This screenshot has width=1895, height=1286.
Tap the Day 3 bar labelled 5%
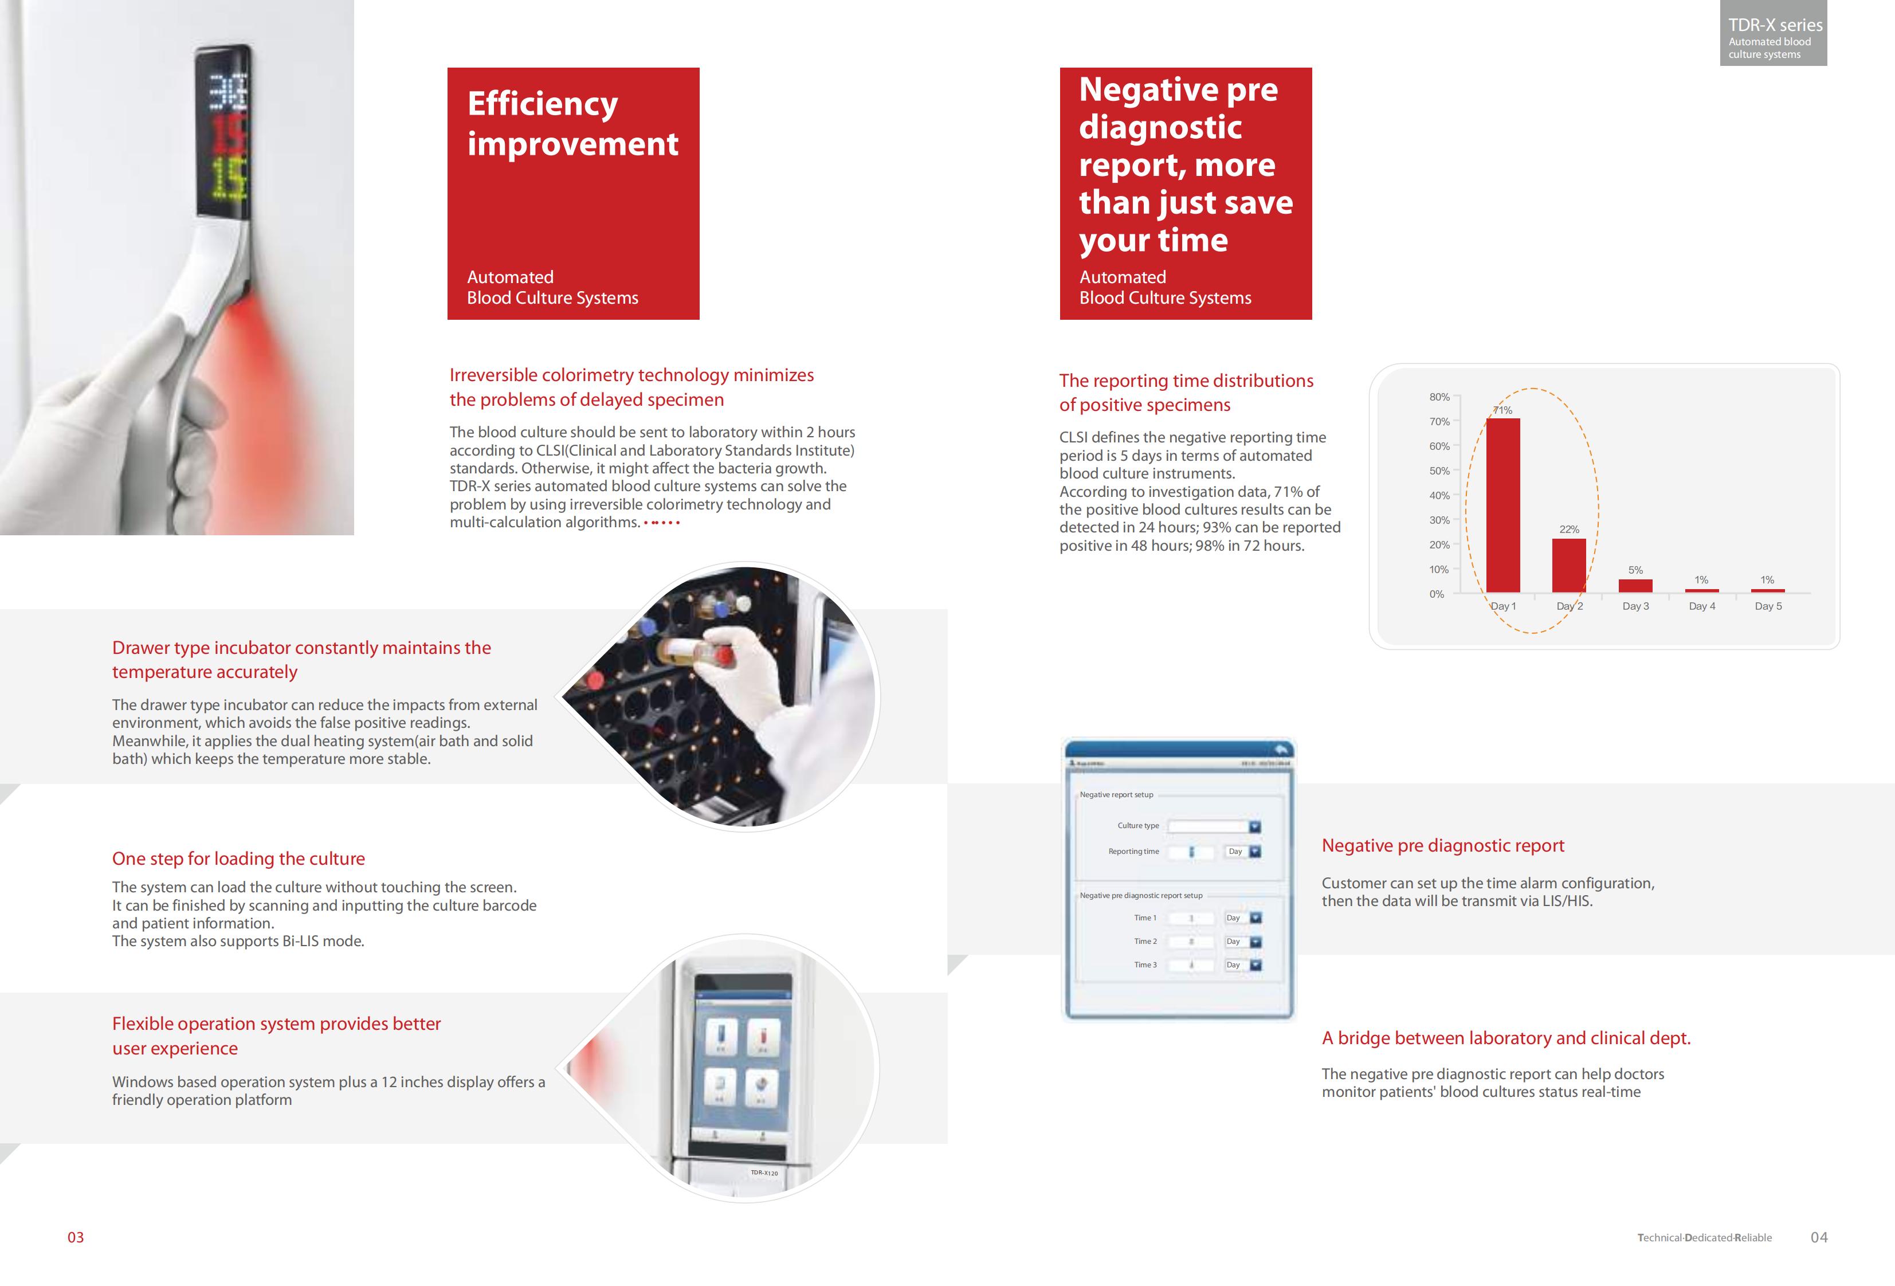click(x=1635, y=586)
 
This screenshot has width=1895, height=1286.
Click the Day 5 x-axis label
click(x=1768, y=606)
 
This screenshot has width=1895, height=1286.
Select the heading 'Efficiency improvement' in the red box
click(x=572, y=123)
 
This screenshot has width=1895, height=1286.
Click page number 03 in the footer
click(x=75, y=1237)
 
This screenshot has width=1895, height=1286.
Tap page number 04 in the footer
click(x=1818, y=1237)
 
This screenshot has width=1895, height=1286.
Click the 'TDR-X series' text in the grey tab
click(x=1774, y=25)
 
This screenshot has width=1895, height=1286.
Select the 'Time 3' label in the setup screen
click(x=1145, y=964)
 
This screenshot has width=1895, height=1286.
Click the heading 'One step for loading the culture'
click(x=238, y=858)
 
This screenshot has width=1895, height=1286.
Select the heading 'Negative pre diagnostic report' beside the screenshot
click(x=1442, y=846)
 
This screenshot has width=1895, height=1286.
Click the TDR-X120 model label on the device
click(x=764, y=1173)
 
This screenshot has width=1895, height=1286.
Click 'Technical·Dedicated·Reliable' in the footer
click(x=1704, y=1238)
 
